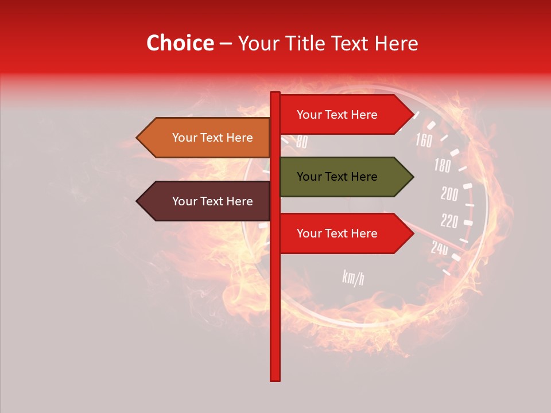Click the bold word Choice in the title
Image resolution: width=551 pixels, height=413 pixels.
click(180, 43)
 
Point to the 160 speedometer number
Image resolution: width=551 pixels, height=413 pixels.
click(424, 140)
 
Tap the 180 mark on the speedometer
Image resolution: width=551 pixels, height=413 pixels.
click(442, 166)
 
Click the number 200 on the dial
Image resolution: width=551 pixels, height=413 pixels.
click(449, 194)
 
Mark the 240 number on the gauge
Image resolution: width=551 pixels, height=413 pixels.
click(440, 248)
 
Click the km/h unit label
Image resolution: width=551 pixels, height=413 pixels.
click(353, 278)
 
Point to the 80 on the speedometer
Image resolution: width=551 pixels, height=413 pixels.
click(301, 142)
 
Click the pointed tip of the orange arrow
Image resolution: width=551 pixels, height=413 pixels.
click(138, 138)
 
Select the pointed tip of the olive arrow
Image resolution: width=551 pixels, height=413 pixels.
click(412, 177)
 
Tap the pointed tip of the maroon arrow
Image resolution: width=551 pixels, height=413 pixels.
click(138, 201)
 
